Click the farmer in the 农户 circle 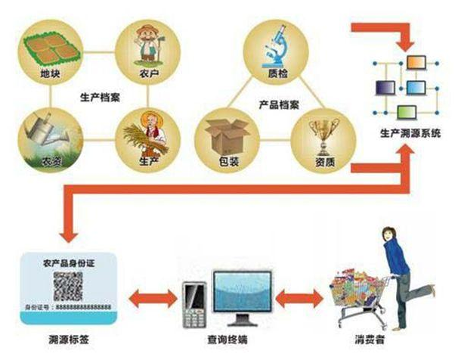(149, 45)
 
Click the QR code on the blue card (69, 285)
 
